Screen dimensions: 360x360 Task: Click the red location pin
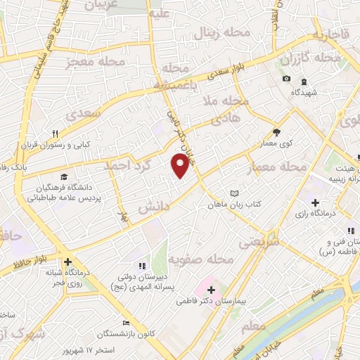[x=180, y=165]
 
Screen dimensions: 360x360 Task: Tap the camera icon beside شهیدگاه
[x=286, y=78]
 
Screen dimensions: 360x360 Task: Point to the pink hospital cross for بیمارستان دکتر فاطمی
[x=211, y=289]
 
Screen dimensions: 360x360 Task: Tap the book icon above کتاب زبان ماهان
[x=235, y=193]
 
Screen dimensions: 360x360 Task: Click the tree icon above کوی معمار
[x=276, y=131]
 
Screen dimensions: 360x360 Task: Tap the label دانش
[x=149, y=208]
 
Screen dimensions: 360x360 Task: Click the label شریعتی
[x=259, y=240]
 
